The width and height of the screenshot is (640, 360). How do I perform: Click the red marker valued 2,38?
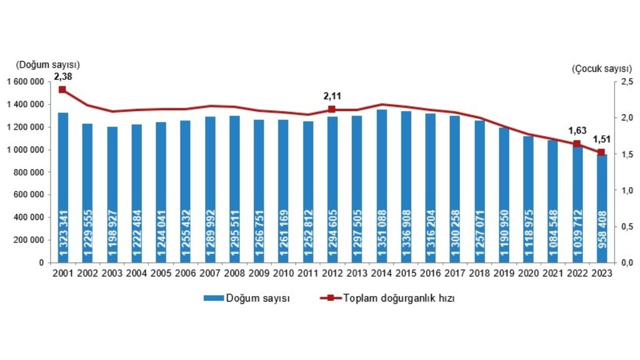(x=62, y=89)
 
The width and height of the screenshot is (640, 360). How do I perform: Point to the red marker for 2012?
(x=331, y=109)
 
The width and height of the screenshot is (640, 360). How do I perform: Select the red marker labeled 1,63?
(x=577, y=144)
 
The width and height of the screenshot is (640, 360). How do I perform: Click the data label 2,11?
(x=331, y=96)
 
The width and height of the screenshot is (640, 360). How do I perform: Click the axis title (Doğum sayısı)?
(x=48, y=64)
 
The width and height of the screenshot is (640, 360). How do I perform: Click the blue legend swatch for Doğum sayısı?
(x=213, y=298)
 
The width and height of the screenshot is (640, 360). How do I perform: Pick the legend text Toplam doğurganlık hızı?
(x=398, y=298)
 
